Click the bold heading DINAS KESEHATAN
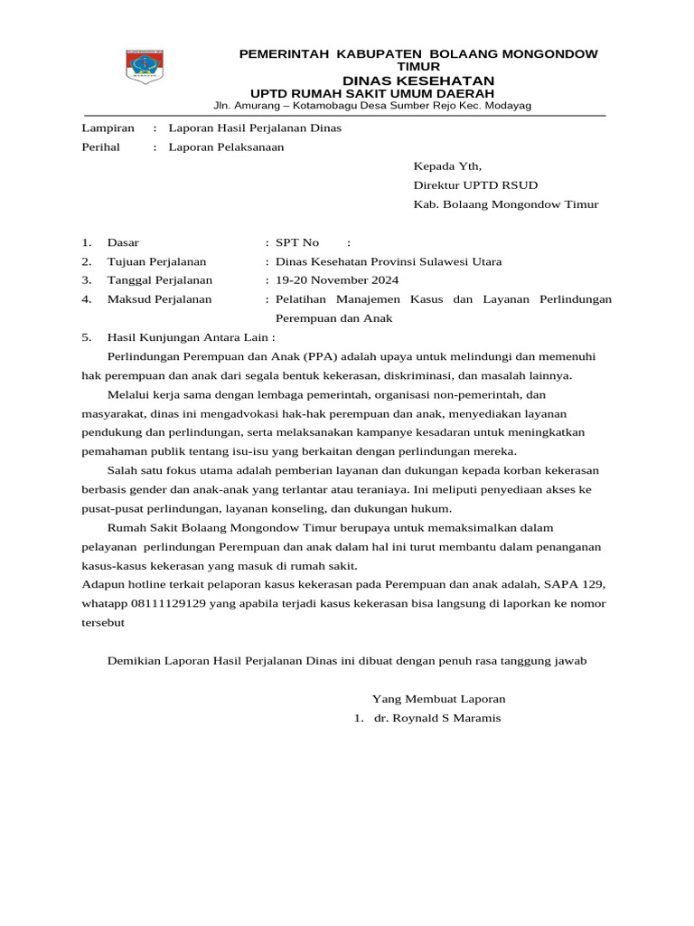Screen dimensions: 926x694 [417, 80]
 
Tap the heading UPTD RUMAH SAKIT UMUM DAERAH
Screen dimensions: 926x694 [371, 93]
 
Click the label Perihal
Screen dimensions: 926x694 [100, 147]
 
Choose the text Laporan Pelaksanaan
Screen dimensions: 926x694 [226, 147]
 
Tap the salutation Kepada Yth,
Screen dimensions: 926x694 [447, 166]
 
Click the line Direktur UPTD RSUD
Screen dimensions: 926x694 [469, 185]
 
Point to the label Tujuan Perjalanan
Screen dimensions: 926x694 [156, 261]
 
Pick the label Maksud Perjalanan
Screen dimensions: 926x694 [159, 299]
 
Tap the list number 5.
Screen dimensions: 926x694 [86, 337]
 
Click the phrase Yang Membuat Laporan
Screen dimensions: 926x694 [438, 699]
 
